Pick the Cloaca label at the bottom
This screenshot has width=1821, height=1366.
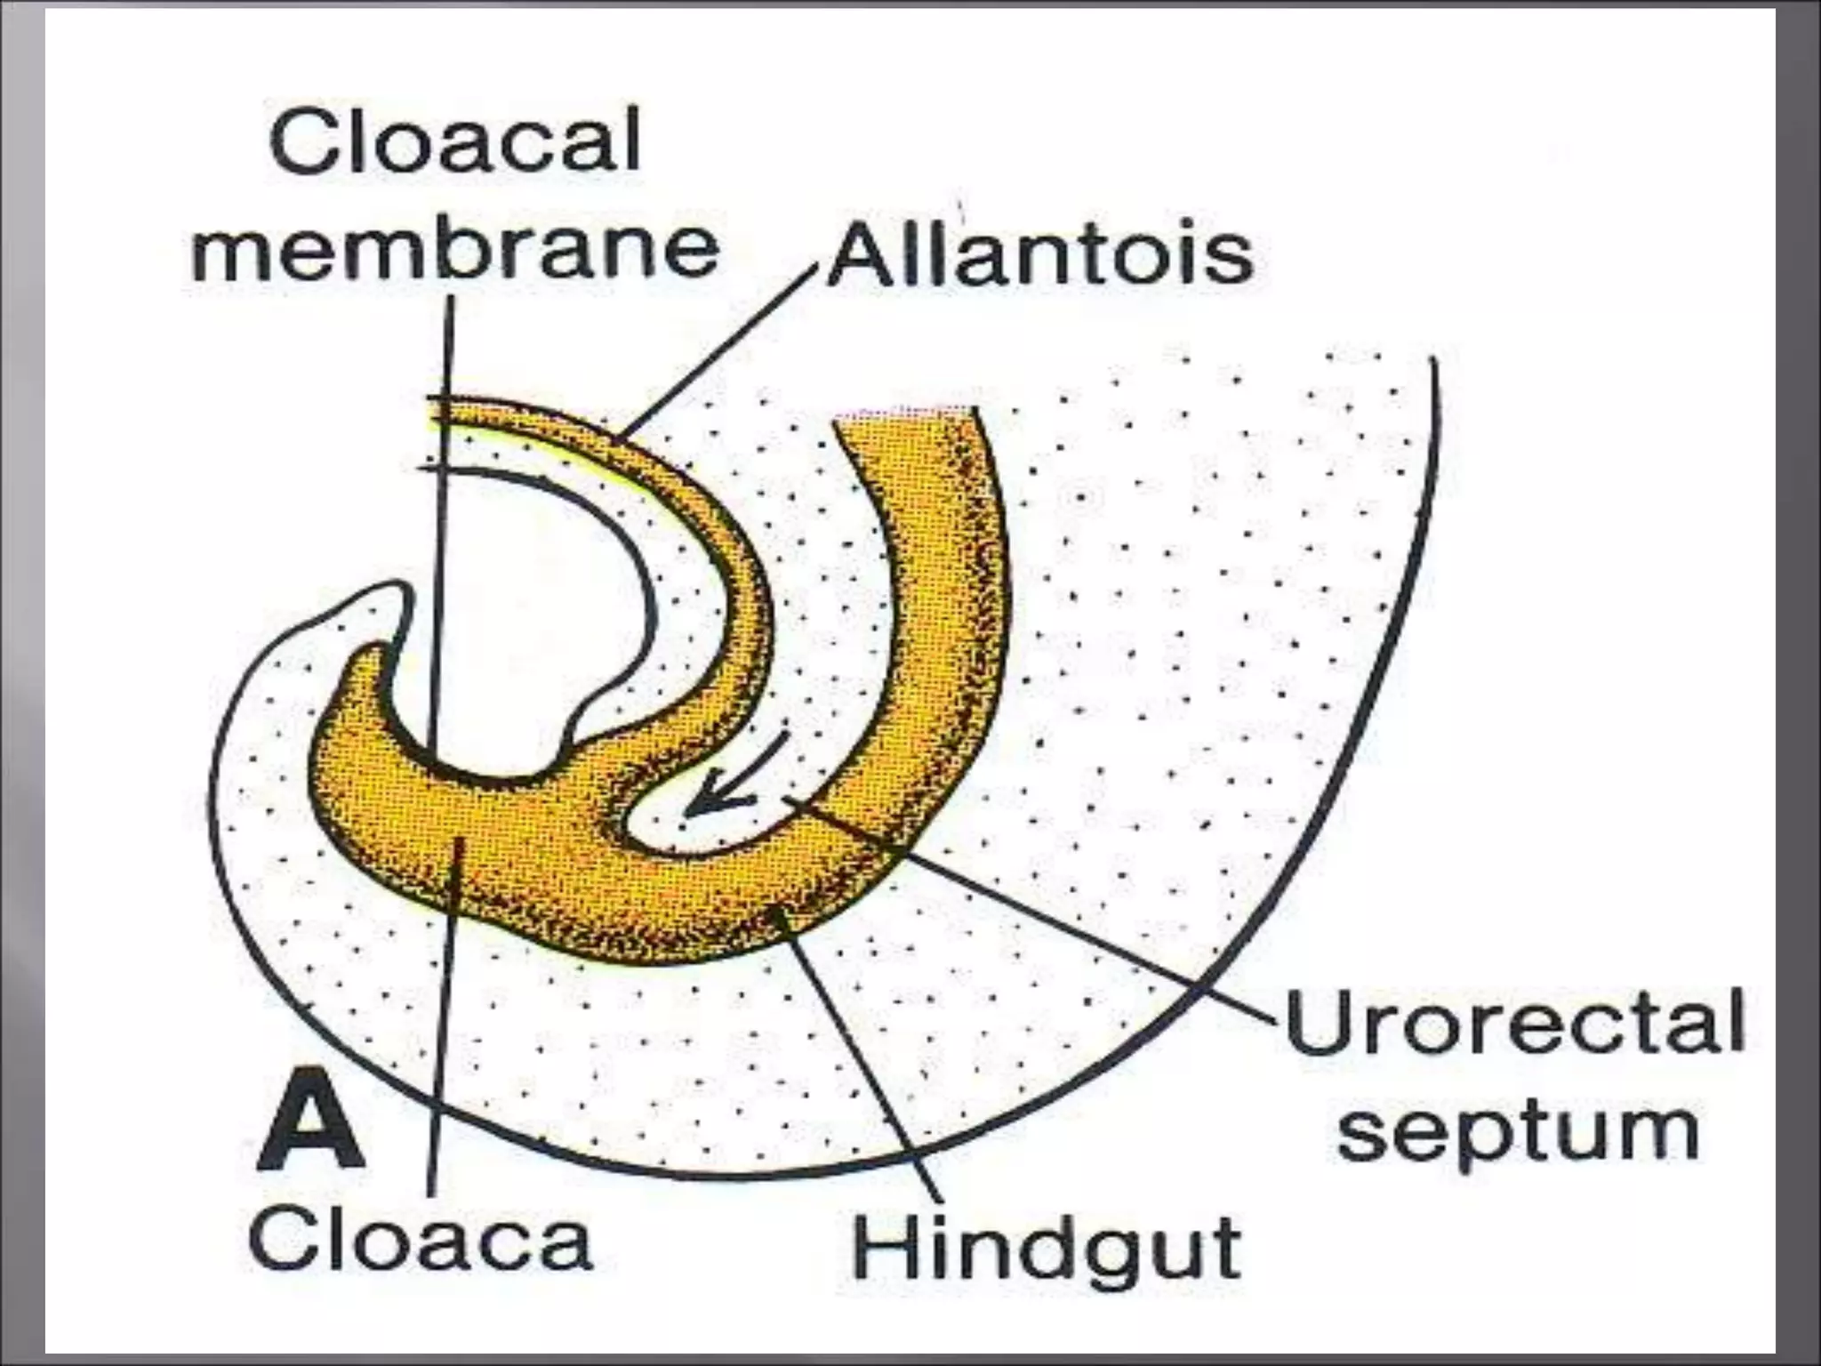tap(421, 1240)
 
